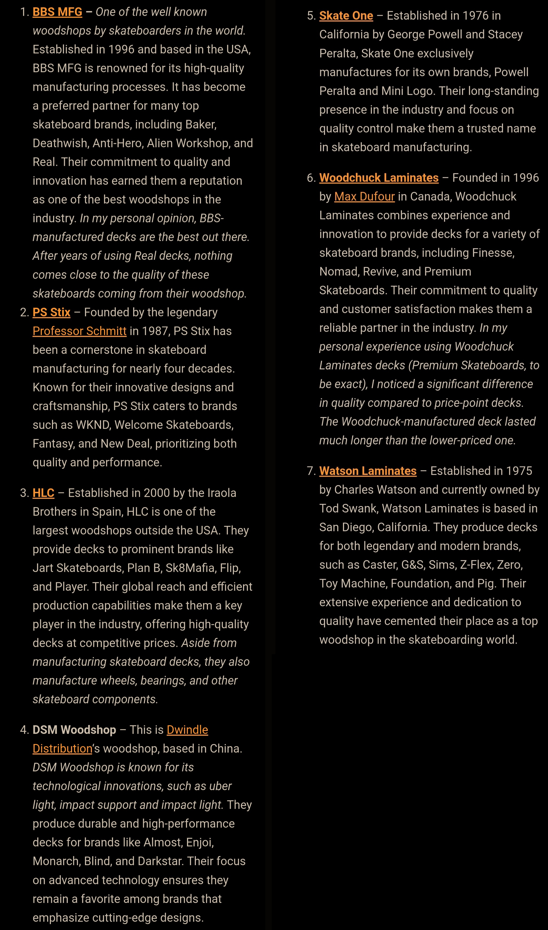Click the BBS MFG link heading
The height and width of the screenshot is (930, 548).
tap(57, 12)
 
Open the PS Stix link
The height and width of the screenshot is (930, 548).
tap(51, 313)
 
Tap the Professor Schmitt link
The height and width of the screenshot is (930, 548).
tap(79, 331)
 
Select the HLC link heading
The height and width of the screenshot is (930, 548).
tap(43, 493)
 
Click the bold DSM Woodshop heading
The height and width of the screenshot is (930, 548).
tap(74, 730)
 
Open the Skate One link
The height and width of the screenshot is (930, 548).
tap(346, 16)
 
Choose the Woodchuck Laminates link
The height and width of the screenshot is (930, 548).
tap(378, 178)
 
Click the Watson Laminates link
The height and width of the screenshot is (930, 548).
tap(368, 471)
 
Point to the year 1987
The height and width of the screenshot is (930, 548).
tap(154, 331)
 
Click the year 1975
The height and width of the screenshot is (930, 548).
tap(519, 471)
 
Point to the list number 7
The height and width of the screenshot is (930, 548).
tap(310, 471)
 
